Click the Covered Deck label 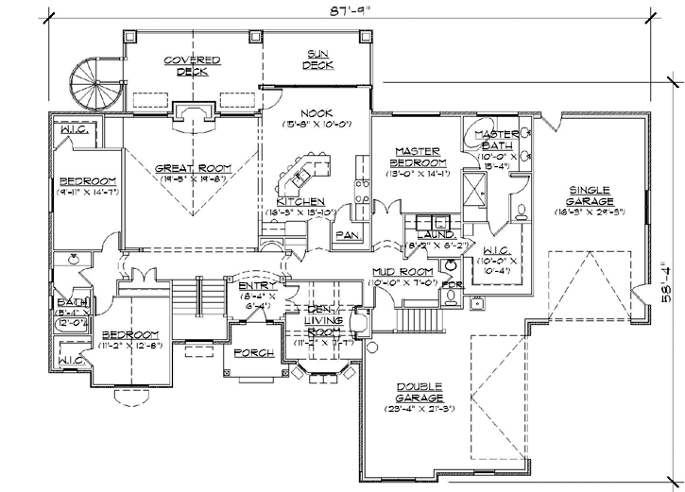pyautogui.click(x=192, y=65)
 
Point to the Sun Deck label pyautogui.click(x=317, y=59)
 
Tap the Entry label pyautogui.click(x=255, y=286)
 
